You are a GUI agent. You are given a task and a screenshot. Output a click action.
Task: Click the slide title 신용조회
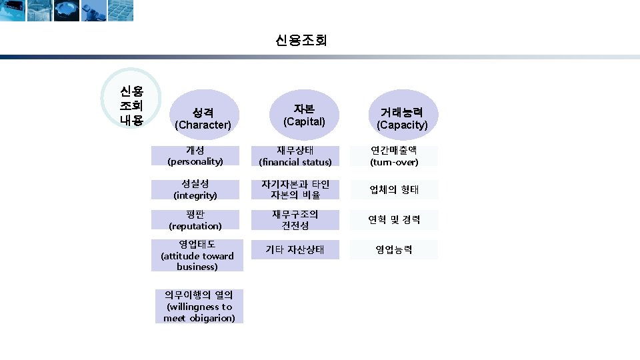301,41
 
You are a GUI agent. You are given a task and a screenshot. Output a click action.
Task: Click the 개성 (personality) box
195,156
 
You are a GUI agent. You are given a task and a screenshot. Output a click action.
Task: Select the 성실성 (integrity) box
195,189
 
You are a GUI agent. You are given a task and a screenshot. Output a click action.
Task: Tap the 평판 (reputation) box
195,220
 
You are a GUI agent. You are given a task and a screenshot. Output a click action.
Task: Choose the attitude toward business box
197,255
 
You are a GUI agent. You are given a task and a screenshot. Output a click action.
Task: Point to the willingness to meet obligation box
199,306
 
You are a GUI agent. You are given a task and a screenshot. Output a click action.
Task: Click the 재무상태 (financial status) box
295,156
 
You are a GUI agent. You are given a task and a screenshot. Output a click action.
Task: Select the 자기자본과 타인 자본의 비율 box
295,189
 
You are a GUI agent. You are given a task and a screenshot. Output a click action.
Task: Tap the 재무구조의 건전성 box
295,220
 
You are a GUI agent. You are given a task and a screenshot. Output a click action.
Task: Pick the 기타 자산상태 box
295,250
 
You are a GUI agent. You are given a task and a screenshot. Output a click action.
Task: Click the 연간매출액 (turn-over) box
394,156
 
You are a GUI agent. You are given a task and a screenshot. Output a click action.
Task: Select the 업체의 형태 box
394,189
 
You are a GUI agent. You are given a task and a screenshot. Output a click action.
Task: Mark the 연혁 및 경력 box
394,220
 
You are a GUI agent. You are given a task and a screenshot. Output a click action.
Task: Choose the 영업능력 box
394,250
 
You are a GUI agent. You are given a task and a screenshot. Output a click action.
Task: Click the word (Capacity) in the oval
402,125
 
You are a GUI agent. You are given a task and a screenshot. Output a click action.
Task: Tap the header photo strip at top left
67,10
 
